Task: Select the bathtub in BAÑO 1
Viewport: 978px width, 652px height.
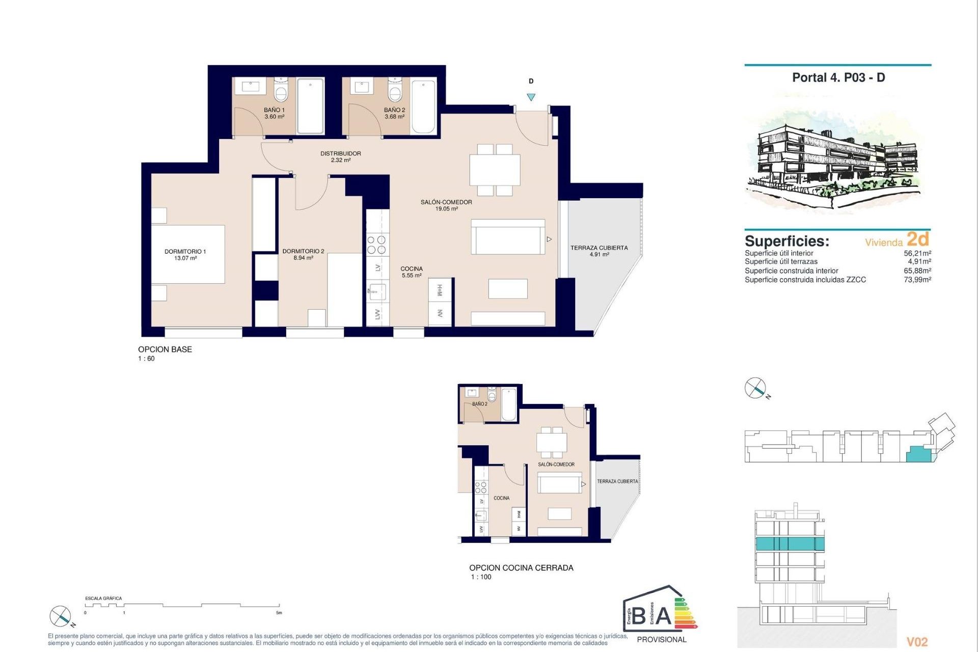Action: coord(310,105)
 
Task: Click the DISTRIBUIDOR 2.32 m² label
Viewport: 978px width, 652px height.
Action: coord(340,156)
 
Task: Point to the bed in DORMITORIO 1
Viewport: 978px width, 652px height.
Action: coord(188,254)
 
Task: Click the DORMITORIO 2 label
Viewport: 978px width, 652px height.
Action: coord(303,251)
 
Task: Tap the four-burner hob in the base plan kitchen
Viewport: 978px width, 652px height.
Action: coord(377,244)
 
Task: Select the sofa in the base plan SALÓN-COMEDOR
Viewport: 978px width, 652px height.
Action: coord(508,237)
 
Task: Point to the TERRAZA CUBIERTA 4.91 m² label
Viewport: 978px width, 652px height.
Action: coord(599,251)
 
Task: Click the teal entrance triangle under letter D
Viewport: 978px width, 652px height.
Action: coord(531,97)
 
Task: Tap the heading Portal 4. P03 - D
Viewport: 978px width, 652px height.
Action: coord(838,77)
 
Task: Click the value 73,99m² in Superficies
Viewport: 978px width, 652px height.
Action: coord(917,280)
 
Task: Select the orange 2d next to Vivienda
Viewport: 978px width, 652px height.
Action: coord(918,239)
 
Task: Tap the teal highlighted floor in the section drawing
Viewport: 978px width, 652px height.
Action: coord(789,544)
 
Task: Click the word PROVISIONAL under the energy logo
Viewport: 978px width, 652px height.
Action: coord(662,639)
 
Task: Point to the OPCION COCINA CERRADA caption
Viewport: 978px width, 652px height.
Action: coord(521,567)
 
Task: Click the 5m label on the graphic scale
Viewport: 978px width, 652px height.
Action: coord(279,613)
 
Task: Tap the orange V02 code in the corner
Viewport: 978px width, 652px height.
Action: coord(917,642)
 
